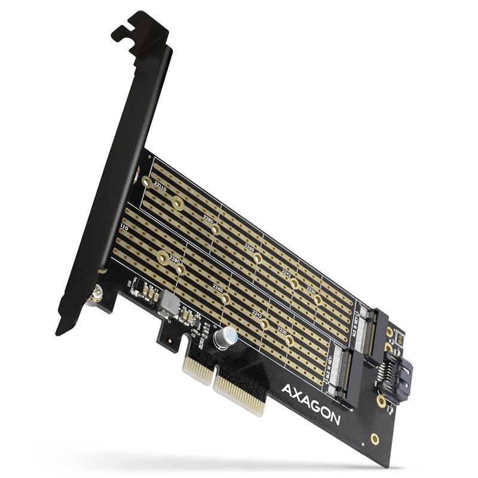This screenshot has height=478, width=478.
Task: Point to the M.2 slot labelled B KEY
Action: coord(374,329)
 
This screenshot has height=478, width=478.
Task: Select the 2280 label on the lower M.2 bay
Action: coord(175,261)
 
